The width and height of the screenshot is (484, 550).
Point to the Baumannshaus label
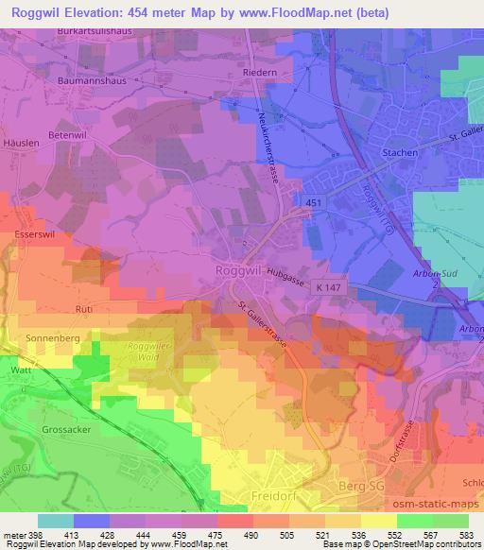tap(80, 82)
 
